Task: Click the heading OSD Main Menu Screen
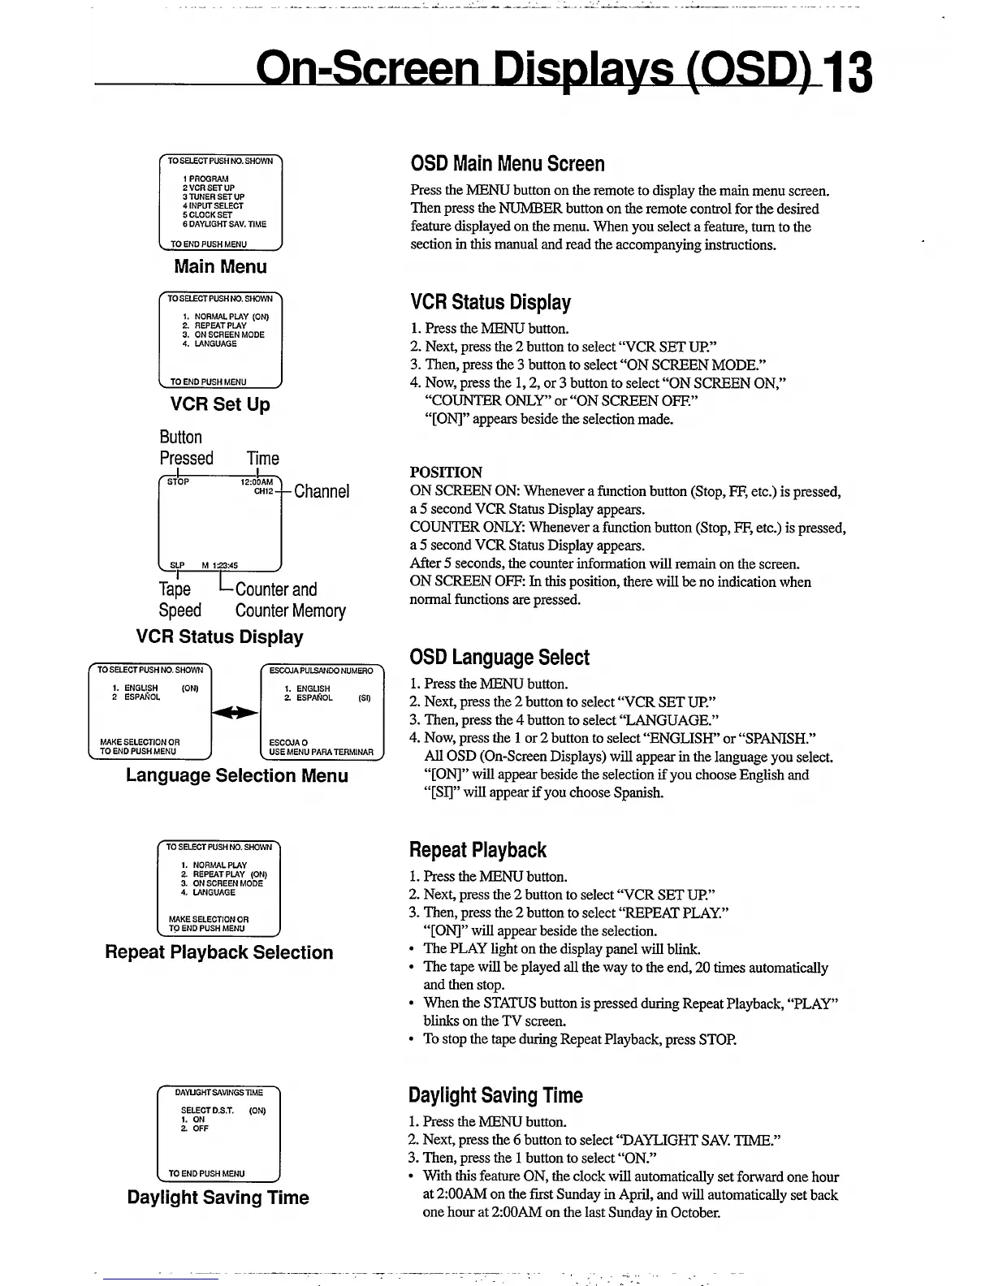point(507,164)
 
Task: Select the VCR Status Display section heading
point(491,303)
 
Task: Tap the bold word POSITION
point(446,472)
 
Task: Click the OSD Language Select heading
point(499,658)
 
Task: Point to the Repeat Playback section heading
point(478,850)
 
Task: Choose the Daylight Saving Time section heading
point(495,1095)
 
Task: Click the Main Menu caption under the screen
point(220,266)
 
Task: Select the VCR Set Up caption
point(220,404)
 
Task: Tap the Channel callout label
point(322,491)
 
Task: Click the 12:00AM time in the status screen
point(257,482)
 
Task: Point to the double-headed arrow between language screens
point(235,712)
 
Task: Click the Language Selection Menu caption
point(237,775)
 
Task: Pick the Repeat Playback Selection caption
point(219,952)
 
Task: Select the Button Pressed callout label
point(186,447)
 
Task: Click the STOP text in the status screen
point(178,481)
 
